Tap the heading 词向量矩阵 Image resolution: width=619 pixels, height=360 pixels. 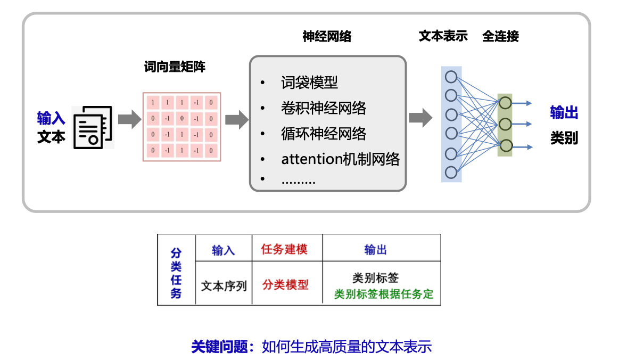click(175, 67)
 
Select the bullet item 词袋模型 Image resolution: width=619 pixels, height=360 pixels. click(309, 83)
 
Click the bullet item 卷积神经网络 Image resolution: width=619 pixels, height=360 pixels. click(324, 108)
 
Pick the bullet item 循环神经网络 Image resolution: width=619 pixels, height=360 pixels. click(324, 133)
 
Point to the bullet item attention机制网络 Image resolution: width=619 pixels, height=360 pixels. click(340, 159)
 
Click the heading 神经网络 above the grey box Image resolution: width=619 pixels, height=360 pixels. click(327, 37)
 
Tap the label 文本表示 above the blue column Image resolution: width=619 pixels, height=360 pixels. click(443, 36)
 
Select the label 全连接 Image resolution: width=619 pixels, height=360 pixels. click(500, 36)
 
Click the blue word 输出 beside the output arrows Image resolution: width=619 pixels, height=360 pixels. click(564, 113)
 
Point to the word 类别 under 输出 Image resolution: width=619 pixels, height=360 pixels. click(564, 138)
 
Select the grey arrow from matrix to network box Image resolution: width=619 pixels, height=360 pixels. click(236, 119)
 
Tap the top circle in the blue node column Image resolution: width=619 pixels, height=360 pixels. click(451, 76)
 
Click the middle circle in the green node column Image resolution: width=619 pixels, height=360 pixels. click(505, 124)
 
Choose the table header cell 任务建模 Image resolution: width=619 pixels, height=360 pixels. click(284, 249)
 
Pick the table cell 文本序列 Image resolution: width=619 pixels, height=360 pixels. click(224, 286)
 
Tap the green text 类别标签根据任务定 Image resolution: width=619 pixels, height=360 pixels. click(383, 294)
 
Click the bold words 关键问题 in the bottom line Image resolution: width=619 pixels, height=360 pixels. click(219, 347)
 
